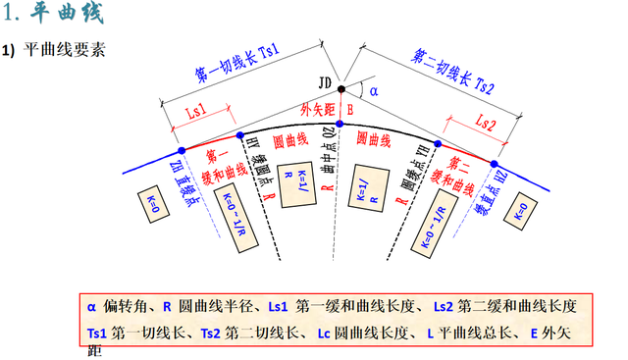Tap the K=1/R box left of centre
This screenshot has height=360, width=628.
pyautogui.click(x=290, y=182)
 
